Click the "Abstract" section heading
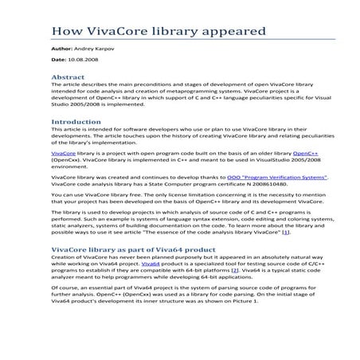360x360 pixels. click(x=68, y=77)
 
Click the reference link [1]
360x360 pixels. click(x=286, y=233)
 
